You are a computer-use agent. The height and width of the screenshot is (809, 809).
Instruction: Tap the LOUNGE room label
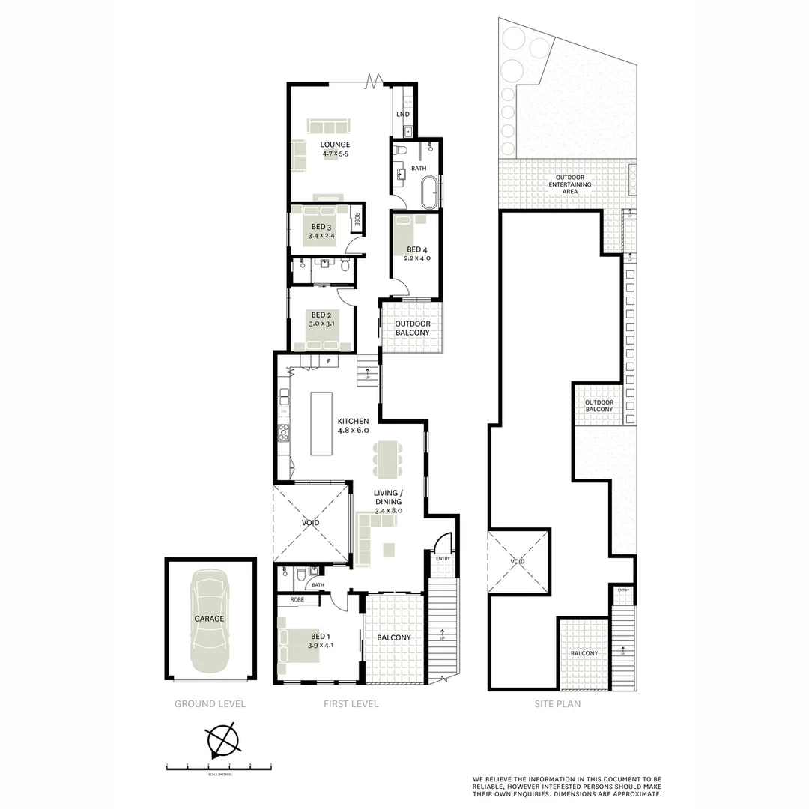pos(335,145)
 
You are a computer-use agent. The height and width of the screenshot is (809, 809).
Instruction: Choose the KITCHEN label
pos(353,422)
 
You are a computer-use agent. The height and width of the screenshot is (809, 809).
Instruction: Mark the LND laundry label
pos(403,114)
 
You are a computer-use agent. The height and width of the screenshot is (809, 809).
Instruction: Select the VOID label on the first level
pos(311,521)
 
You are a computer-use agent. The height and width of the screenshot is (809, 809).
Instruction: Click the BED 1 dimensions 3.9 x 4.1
pos(321,645)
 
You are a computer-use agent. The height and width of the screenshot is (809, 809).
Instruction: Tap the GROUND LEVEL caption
pos(210,704)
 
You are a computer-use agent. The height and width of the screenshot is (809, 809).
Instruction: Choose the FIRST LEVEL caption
pos(351,704)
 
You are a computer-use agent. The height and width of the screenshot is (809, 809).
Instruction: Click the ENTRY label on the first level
pos(443,558)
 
